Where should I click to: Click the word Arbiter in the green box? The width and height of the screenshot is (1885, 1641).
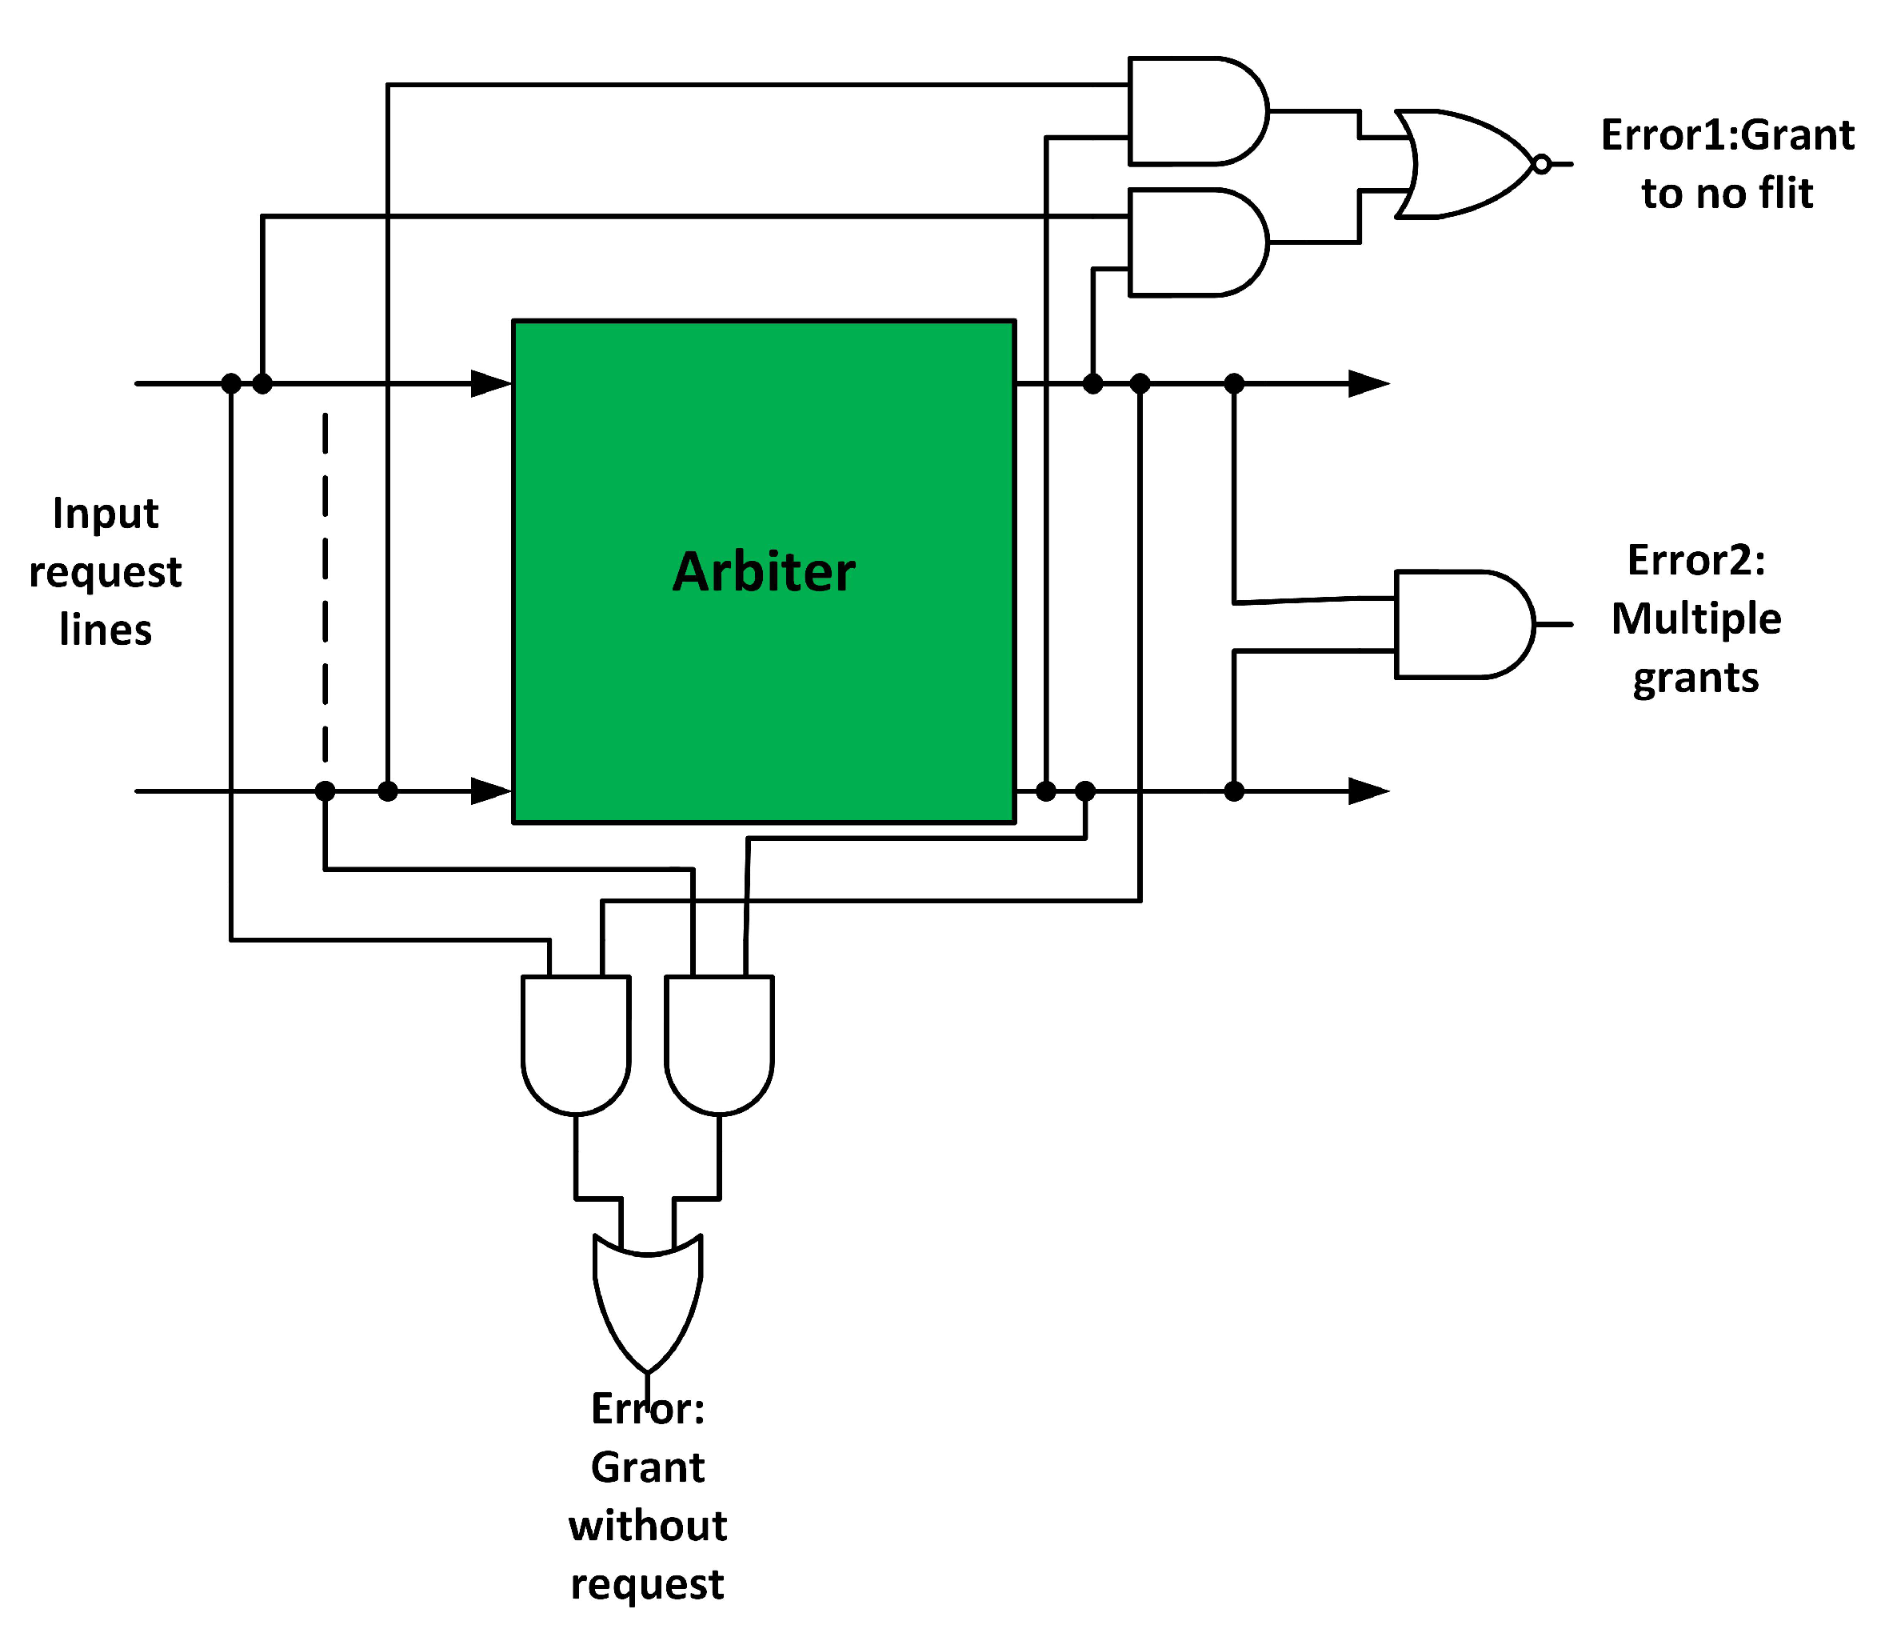pos(764,572)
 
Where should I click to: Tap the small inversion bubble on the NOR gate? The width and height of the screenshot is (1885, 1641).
pos(1542,165)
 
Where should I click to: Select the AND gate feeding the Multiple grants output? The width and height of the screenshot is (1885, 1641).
pos(1461,625)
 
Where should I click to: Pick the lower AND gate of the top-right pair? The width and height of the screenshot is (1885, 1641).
pos(1195,242)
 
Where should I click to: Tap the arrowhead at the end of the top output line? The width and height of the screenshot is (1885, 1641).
pos(1368,384)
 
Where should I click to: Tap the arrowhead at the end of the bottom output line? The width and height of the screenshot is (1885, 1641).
pos(1368,790)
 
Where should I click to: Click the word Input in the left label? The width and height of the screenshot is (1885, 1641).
pos(106,514)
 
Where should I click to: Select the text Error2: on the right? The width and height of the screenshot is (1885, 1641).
pos(1695,560)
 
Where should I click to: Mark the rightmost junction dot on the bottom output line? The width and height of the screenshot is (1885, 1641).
pos(1234,790)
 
